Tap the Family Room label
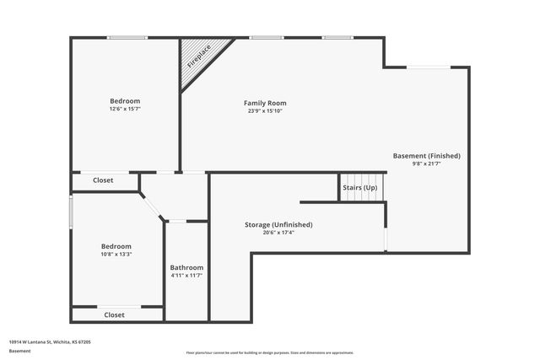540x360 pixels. click(265, 103)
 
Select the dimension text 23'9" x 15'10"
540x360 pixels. click(265, 111)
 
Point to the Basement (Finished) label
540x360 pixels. click(426, 156)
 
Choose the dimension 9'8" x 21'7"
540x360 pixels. click(426, 164)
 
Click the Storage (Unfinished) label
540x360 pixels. click(278, 224)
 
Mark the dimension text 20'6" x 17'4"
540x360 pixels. click(278, 233)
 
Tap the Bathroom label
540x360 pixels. click(186, 267)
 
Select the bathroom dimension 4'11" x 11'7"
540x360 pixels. click(186, 276)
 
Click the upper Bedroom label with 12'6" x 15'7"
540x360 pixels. click(125, 101)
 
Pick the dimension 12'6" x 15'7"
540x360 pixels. click(125, 109)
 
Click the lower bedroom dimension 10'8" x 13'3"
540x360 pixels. click(116, 254)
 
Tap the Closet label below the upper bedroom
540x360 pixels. click(103, 180)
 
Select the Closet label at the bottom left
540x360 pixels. click(114, 314)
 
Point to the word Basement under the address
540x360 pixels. click(19, 350)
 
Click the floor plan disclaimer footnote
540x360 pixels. click(269, 352)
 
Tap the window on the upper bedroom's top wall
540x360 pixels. click(127, 37)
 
